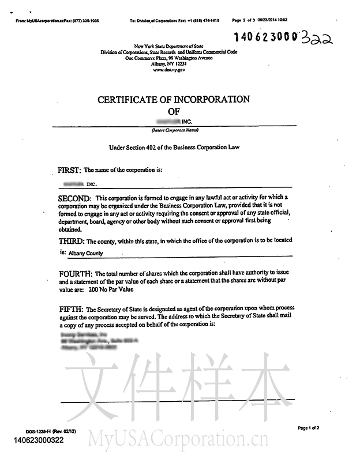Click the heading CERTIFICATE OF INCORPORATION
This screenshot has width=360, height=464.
[x=174, y=99]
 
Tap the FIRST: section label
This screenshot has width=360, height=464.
[x=70, y=171]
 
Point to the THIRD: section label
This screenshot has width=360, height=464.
[x=72, y=240]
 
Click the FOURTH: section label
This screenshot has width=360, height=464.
[x=76, y=273]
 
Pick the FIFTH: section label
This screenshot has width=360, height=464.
[x=71, y=309]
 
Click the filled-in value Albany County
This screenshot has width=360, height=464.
[x=87, y=252]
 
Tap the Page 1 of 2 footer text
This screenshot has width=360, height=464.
[x=309, y=428]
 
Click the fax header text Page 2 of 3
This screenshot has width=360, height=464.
[x=245, y=20]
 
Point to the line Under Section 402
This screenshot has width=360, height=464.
[x=174, y=148]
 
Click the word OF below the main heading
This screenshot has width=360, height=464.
[x=174, y=111]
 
